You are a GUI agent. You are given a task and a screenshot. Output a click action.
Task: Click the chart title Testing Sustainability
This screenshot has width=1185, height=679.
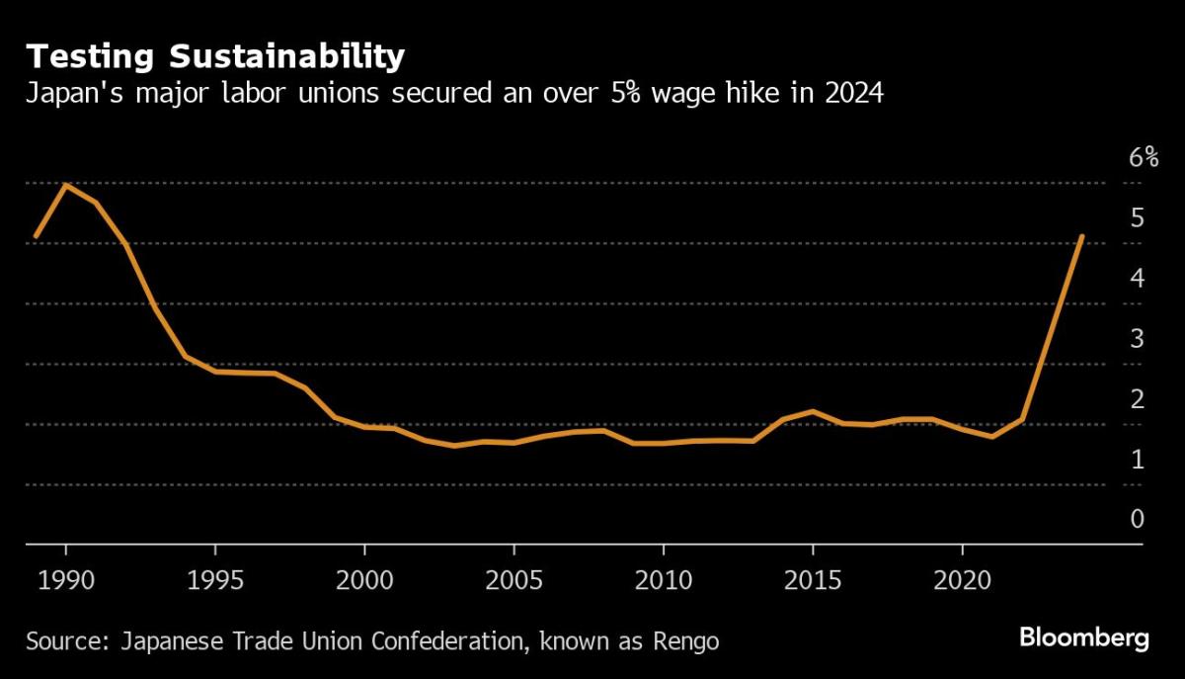(x=215, y=55)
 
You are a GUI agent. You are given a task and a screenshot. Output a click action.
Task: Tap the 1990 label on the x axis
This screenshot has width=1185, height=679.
(x=65, y=578)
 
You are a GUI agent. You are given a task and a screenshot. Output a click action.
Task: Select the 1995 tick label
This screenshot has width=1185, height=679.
(x=214, y=578)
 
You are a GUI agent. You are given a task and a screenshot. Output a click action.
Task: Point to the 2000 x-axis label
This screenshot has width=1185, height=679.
(x=364, y=578)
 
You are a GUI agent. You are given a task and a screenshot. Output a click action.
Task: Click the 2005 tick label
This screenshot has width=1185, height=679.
(x=513, y=578)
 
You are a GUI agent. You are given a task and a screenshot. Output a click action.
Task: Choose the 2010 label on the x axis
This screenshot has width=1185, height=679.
(x=663, y=578)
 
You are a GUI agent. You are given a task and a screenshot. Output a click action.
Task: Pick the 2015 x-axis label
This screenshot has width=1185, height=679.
(x=812, y=578)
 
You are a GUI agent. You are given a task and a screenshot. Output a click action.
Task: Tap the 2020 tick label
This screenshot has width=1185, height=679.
(x=962, y=578)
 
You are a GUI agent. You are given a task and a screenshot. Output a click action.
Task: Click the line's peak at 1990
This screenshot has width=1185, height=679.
(x=65, y=185)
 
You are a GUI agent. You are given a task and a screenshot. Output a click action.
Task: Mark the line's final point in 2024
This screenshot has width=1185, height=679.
(x=1082, y=237)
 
